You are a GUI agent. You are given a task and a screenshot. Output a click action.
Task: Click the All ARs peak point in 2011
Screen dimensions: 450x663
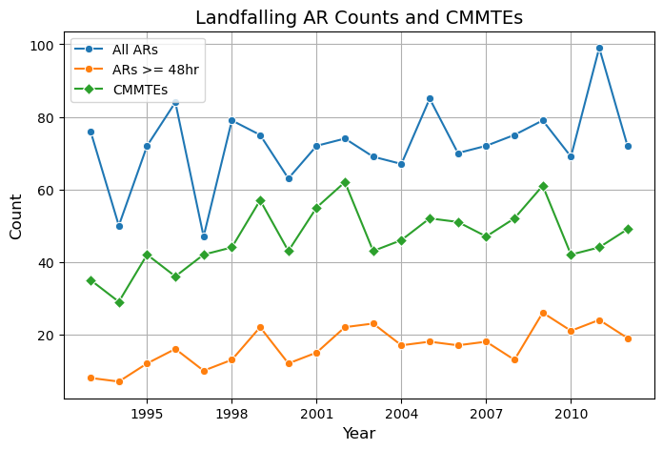point(599,49)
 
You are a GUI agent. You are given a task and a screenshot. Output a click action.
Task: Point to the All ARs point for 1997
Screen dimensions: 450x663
point(204,236)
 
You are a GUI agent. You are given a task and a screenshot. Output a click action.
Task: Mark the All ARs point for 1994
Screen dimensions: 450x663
point(119,226)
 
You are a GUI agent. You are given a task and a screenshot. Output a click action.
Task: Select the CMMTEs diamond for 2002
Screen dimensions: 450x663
point(345,182)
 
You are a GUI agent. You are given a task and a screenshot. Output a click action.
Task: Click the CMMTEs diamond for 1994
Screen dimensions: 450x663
point(119,302)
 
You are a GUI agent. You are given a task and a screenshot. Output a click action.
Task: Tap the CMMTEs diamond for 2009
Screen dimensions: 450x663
point(543,186)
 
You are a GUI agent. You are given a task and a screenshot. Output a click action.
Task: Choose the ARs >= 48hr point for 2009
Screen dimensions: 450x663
point(543,313)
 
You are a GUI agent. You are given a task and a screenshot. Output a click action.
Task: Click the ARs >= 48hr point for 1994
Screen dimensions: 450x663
point(119,381)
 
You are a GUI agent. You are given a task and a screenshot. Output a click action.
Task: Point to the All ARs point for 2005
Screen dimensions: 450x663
point(430,99)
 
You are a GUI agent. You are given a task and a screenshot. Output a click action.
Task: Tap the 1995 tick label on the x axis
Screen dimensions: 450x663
point(147,415)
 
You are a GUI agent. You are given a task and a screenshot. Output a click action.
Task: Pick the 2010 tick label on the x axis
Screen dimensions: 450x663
point(571,415)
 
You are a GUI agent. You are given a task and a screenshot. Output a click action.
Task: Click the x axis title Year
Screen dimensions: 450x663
point(359,434)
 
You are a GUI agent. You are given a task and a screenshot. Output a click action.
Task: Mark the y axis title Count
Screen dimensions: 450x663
point(16,216)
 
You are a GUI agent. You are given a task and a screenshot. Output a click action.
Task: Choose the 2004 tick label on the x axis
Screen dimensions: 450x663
point(401,415)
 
